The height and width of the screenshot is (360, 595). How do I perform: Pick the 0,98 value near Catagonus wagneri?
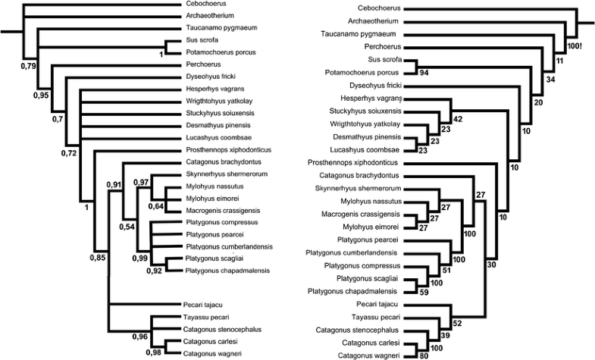pyautogui.click(x=155, y=352)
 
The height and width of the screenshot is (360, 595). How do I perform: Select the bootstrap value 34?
pyautogui.click(x=550, y=79)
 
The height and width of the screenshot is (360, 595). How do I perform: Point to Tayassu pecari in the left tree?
pyautogui.click(x=205, y=317)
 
